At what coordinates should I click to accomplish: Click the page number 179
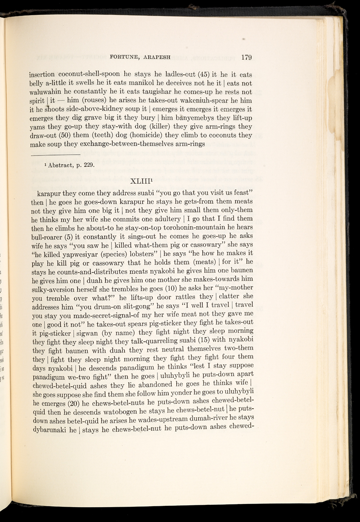tap(248, 57)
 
